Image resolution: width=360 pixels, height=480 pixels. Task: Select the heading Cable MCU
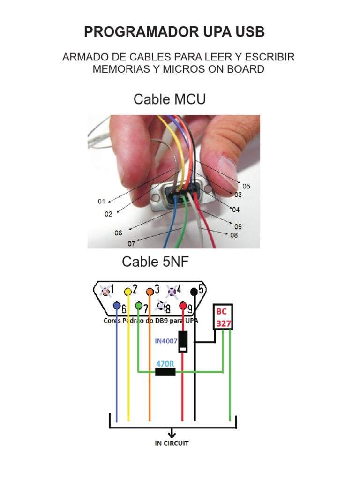tap(170, 99)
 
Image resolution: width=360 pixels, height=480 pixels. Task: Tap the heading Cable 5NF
tap(156, 262)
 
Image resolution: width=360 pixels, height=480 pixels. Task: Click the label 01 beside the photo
tap(101, 202)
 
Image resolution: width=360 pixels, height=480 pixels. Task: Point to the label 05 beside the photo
tap(246, 186)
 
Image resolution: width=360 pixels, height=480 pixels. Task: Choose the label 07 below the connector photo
tap(132, 244)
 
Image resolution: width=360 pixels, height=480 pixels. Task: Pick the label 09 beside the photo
tap(238, 226)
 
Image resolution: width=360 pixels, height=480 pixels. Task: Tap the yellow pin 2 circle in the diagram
tap(127, 291)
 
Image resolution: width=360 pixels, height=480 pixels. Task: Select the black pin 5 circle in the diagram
tap(194, 291)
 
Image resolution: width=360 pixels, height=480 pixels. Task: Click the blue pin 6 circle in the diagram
tap(117, 307)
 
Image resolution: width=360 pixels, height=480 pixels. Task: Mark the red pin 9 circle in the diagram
tap(183, 307)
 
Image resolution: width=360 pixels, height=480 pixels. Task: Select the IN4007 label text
tap(166, 341)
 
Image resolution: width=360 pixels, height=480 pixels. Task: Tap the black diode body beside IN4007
tap(183, 341)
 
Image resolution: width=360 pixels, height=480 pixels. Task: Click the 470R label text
tap(165, 363)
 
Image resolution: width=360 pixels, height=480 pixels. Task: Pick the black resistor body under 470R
tap(165, 372)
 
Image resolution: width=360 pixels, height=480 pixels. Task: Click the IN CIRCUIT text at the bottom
tap(172, 443)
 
